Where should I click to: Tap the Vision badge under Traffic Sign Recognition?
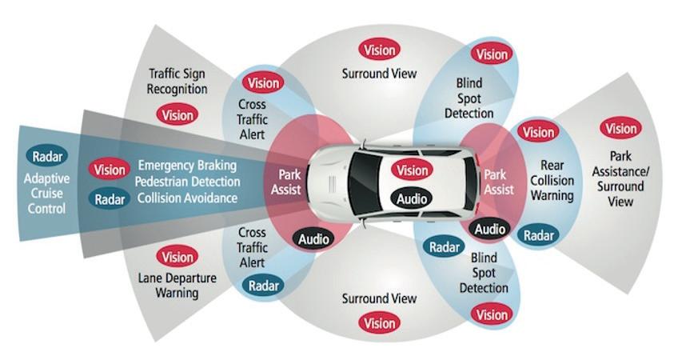(x=177, y=114)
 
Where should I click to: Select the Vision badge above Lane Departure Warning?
(x=177, y=257)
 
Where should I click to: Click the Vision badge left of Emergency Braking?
(x=109, y=170)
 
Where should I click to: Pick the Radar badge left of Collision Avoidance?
(x=109, y=199)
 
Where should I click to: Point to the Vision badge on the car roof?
(x=413, y=170)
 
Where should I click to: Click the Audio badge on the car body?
(x=413, y=198)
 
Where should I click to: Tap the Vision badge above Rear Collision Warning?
(x=539, y=132)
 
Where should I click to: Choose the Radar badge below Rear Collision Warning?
(x=537, y=235)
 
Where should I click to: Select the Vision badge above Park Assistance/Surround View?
(x=620, y=128)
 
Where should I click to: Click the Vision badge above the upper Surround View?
(x=379, y=50)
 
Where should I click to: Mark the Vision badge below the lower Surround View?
(x=379, y=323)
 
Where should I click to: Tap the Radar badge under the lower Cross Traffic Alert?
(x=264, y=286)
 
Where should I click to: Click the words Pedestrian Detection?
(x=188, y=182)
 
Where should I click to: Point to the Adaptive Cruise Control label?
(x=45, y=193)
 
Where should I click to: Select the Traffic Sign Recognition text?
(x=177, y=81)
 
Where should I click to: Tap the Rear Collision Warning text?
(x=552, y=181)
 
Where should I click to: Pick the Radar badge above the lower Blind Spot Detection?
(x=445, y=247)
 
